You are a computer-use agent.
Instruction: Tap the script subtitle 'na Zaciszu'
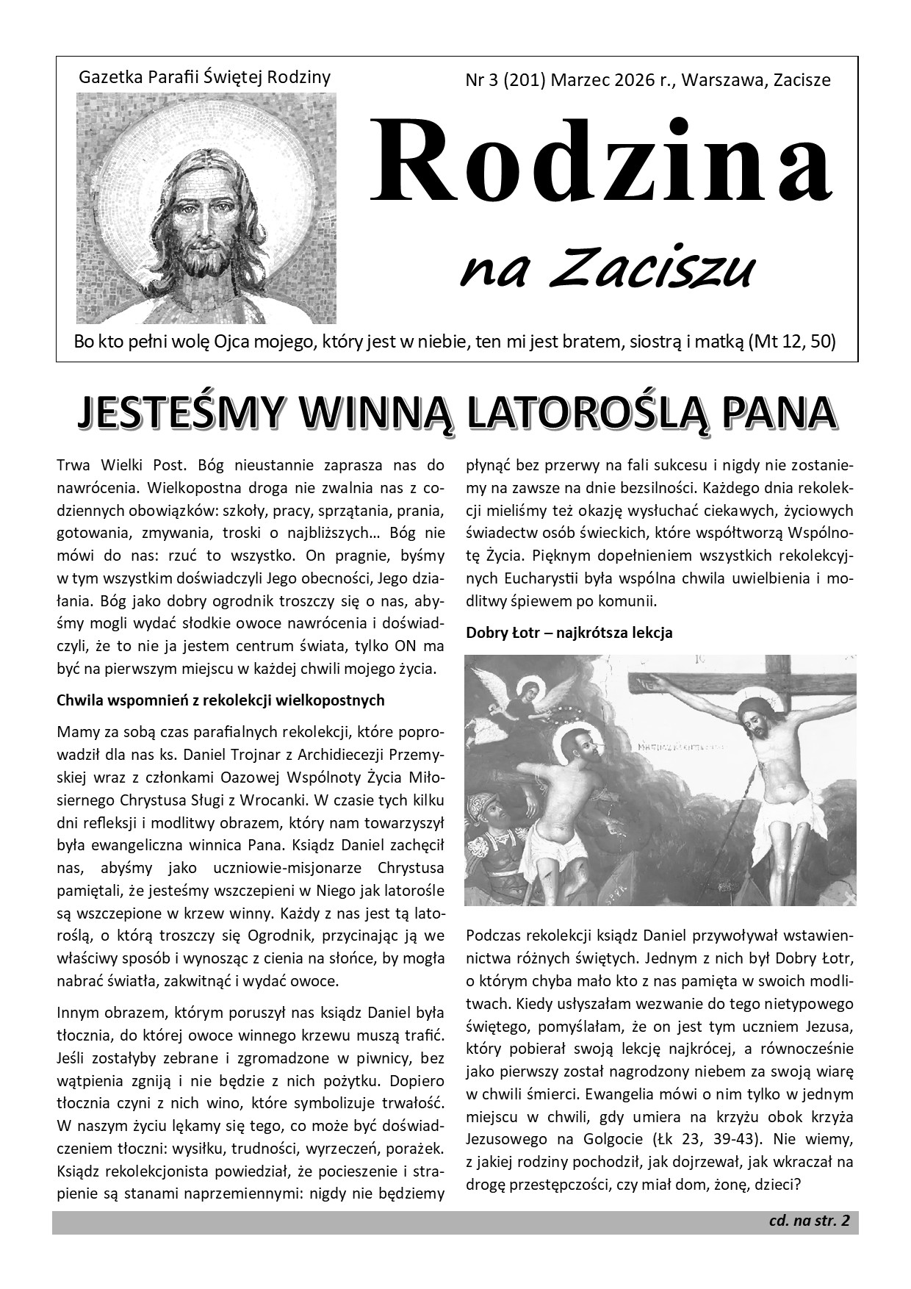pyautogui.click(x=606, y=270)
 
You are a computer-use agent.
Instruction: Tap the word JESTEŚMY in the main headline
pyautogui.click(x=180, y=413)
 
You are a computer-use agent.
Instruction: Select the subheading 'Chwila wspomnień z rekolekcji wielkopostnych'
pyautogui.click(x=220, y=700)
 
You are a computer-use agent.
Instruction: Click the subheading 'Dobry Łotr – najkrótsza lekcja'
pyautogui.click(x=569, y=632)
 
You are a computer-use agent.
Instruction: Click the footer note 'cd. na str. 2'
pyautogui.click(x=809, y=1221)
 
